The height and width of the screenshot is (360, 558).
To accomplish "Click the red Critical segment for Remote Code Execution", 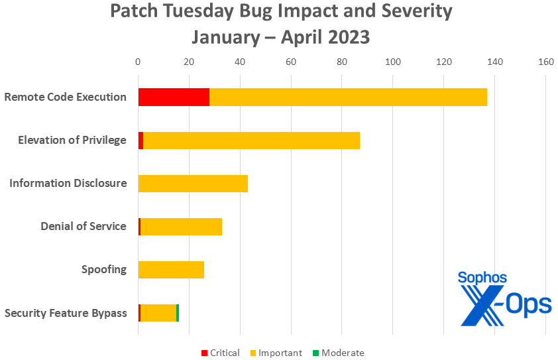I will pyautogui.click(x=174, y=97).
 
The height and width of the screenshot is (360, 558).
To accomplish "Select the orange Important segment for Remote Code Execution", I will pyautogui.click(x=348, y=97).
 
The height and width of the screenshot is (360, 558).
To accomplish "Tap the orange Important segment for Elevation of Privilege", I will pyautogui.click(x=251, y=140).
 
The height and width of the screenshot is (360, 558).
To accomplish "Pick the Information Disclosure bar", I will pyautogui.click(x=193, y=183).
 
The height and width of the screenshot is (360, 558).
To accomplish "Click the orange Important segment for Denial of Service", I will pyautogui.click(x=181, y=226).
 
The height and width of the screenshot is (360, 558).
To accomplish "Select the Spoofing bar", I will pyautogui.click(x=171, y=269).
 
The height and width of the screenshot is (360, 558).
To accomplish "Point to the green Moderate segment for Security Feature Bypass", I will pyautogui.click(x=178, y=312).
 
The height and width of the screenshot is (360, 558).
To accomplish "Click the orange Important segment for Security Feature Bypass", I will pyautogui.click(x=158, y=312).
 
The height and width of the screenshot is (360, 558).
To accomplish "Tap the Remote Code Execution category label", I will pyautogui.click(x=65, y=97).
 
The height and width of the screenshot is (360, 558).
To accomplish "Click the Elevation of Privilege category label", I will pyautogui.click(x=72, y=141).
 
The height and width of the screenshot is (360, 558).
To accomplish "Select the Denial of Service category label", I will pyautogui.click(x=84, y=227).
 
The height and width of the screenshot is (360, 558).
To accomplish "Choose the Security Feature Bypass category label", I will pyautogui.click(x=66, y=313).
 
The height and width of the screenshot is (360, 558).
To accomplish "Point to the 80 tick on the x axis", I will pyautogui.click(x=342, y=62).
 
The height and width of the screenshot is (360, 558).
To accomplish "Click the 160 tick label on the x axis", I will pyautogui.click(x=545, y=62).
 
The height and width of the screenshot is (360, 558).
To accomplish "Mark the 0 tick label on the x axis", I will pyautogui.click(x=138, y=62).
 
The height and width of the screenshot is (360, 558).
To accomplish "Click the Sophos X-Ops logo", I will pyautogui.click(x=505, y=298).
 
